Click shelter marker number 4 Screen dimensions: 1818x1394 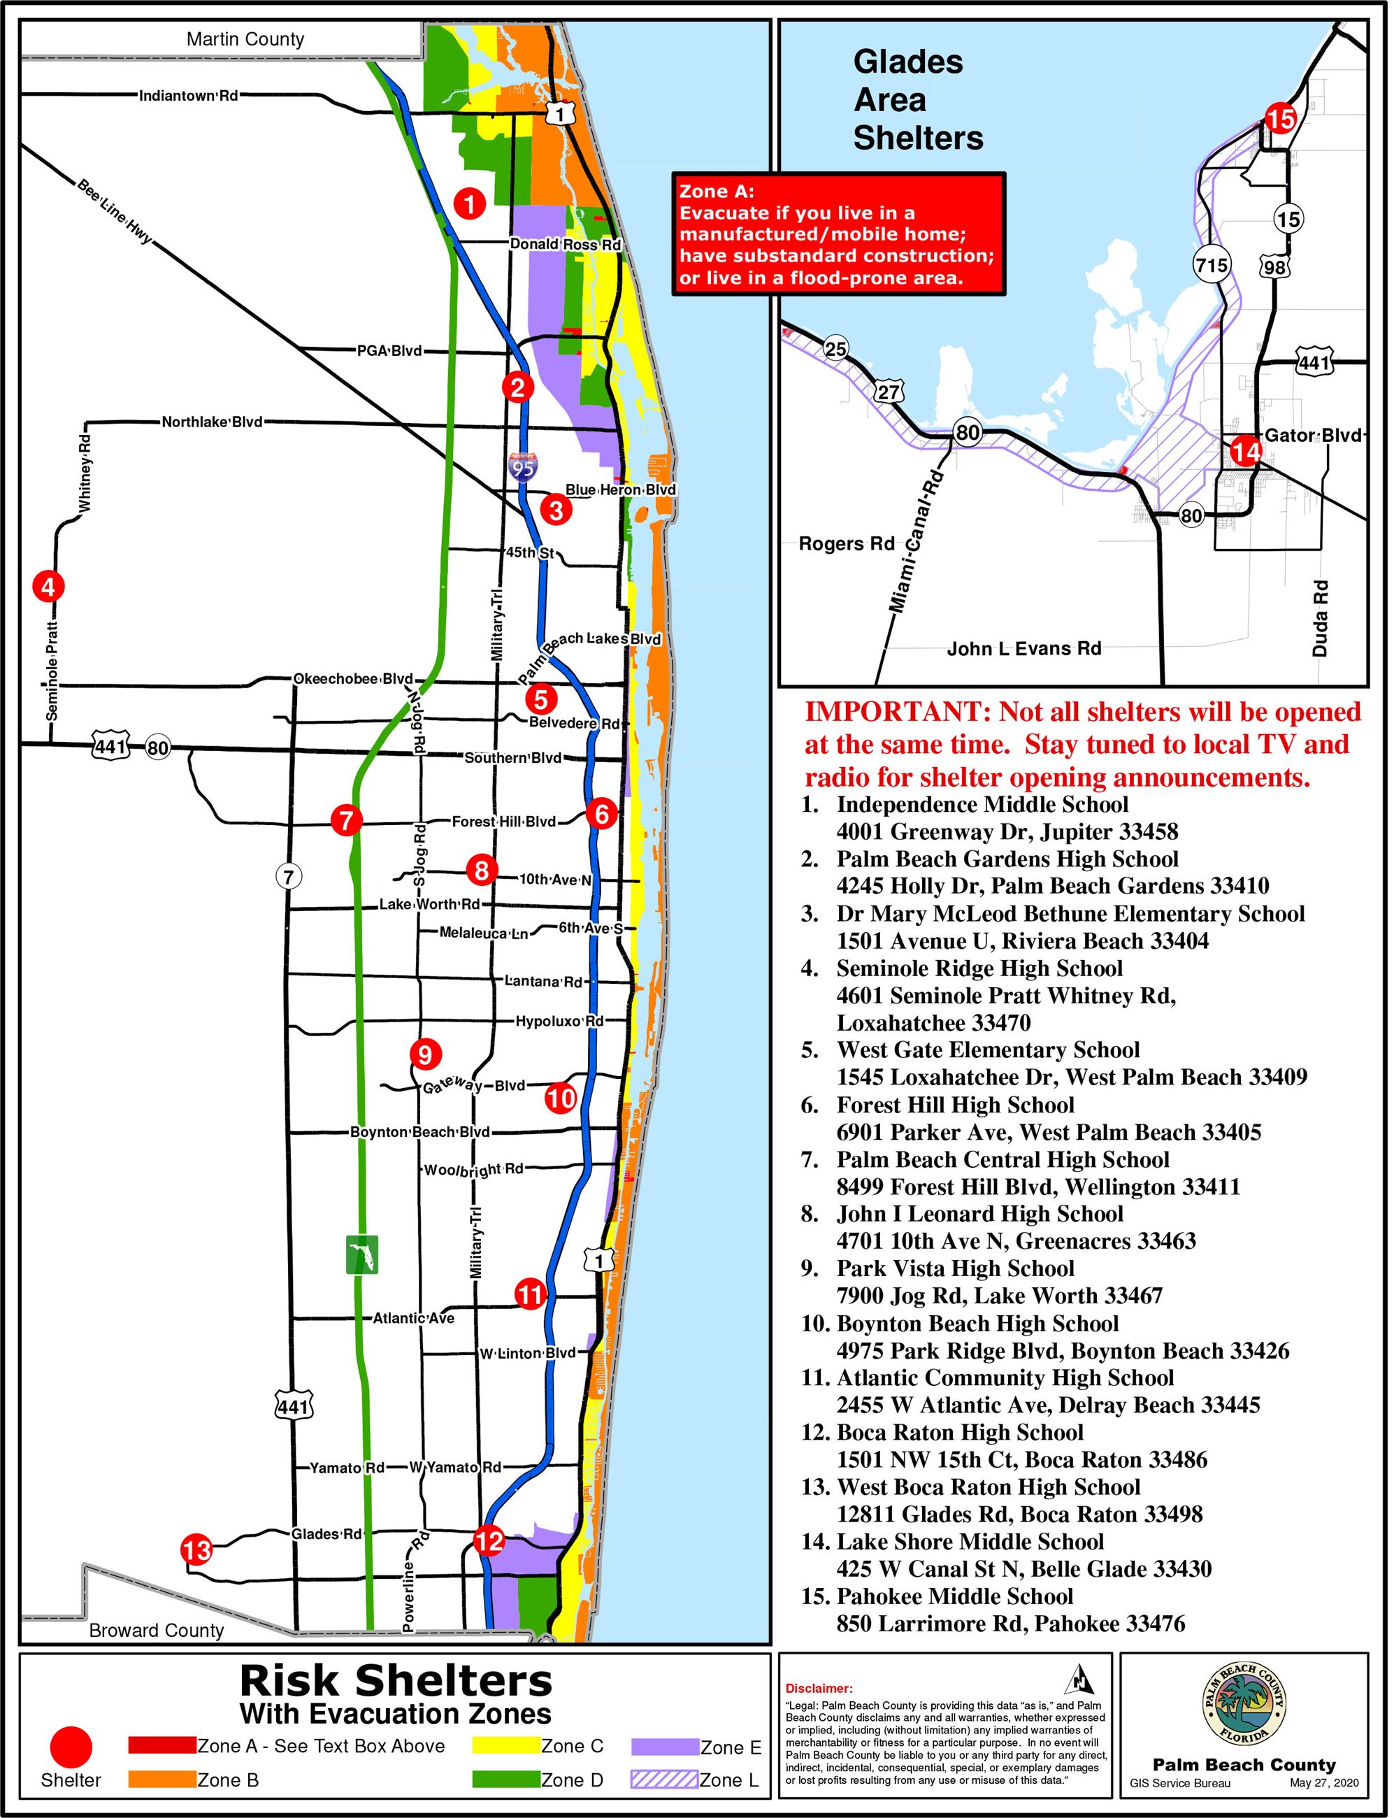pos(48,587)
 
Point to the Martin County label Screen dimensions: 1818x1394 pos(245,39)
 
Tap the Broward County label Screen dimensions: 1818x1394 pos(156,1630)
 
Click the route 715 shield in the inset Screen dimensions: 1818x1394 pos(1212,266)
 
